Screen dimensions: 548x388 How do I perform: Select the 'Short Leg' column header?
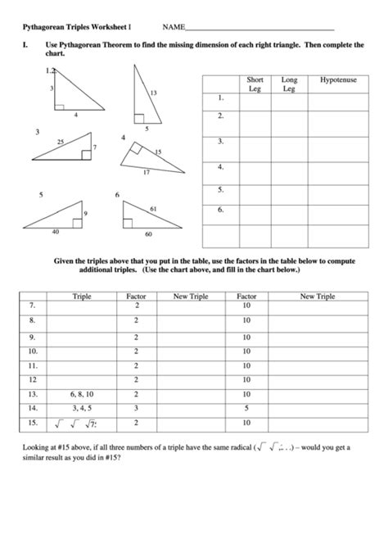[x=255, y=84]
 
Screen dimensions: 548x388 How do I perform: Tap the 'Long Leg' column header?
[x=289, y=84]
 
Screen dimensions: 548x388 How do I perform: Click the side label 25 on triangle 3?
[x=60, y=143]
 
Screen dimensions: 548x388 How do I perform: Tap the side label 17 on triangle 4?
[x=147, y=172]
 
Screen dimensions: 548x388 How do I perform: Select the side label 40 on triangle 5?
[x=55, y=232]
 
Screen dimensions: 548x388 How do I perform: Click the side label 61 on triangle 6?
[x=154, y=210]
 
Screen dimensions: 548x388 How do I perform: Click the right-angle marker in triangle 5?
[x=76, y=222]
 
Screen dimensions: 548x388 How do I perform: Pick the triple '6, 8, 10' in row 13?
[x=82, y=393]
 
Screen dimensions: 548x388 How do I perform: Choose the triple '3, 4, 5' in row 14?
[x=82, y=408]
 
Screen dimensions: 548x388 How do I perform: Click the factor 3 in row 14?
[x=135, y=408]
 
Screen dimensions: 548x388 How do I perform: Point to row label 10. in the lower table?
[x=32, y=350]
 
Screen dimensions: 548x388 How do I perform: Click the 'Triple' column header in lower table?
[x=82, y=296]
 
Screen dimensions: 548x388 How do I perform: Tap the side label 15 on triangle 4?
[x=157, y=152]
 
